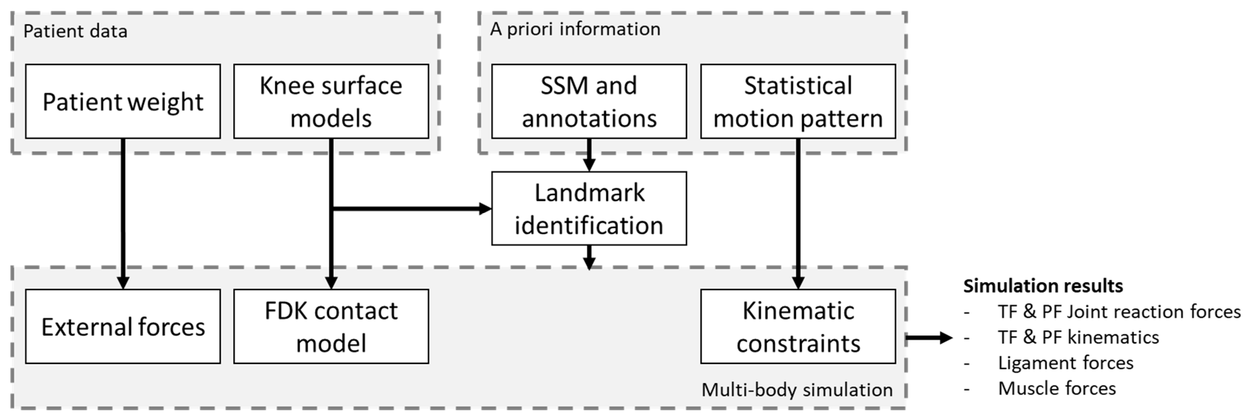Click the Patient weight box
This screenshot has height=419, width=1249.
(123, 101)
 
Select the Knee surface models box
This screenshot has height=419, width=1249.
(331, 101)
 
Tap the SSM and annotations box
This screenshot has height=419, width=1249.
(589, 101)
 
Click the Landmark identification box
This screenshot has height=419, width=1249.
(589, 208)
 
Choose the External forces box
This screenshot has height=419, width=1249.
(123, 326)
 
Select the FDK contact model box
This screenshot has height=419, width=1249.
(331, 326)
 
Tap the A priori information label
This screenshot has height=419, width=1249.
(575, 29)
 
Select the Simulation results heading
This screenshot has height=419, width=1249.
(1043, 286)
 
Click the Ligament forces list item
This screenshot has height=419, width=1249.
(1065, 363)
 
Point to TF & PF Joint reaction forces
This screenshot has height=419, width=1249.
(1119, 312)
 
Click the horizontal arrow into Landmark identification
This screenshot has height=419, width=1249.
(412, 209)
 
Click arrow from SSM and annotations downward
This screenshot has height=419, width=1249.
(589, 155)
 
